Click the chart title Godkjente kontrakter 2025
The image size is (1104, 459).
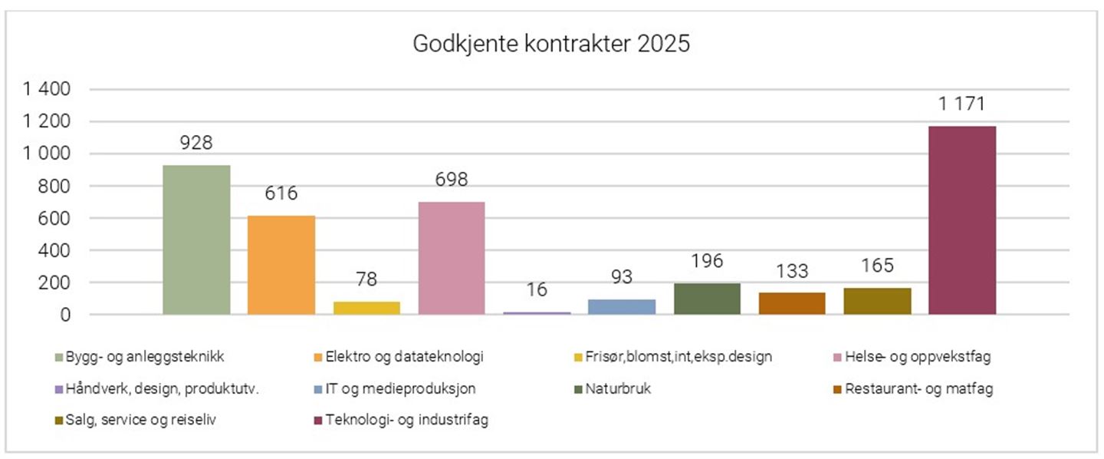click(551, 44)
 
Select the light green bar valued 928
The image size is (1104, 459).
click(197, 239)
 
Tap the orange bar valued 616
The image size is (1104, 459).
click(281, 265)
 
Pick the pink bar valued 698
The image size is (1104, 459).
click(452, 258)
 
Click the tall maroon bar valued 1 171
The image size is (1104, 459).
click(962, 220)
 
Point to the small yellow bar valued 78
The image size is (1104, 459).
click(366, 308)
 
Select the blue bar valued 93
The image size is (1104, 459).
click(622, 307)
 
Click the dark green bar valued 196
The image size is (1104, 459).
click(707, 299)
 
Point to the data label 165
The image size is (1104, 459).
click(877, 266)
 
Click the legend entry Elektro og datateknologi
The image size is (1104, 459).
click(405, 356)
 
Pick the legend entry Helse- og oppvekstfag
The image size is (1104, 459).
click(919, 356)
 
